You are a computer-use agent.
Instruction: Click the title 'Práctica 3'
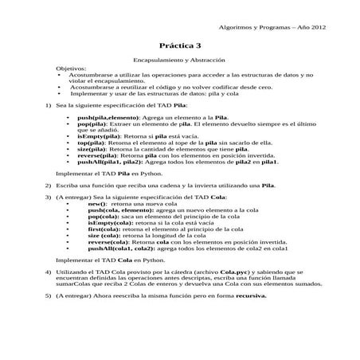click(180, 46)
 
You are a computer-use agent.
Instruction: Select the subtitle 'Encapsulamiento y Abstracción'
click(179, 61)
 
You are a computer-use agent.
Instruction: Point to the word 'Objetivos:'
click(70, 70)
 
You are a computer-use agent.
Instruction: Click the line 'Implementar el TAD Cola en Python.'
click(108, 260)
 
